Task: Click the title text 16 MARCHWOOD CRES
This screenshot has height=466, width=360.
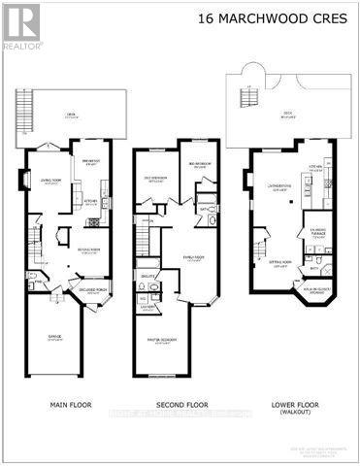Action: [x=284, y=17]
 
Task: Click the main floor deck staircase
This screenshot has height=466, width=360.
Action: [x=24, y=108]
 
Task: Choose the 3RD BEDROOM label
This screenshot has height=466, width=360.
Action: [x=199, y=163]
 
